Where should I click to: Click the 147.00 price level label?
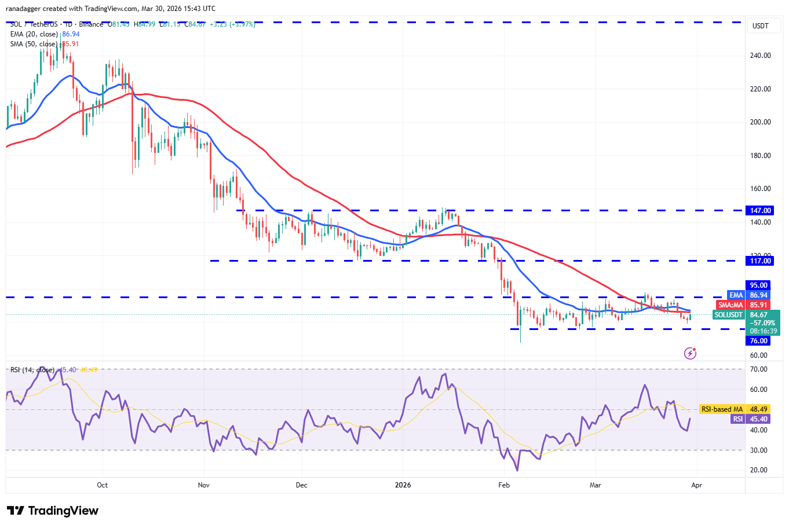[760, 211]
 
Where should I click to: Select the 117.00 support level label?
[760, 261]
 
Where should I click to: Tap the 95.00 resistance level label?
[759, 285]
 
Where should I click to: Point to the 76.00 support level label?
[759, 341]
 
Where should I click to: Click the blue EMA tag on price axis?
[736, 295]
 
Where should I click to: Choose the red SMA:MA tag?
[730, 305]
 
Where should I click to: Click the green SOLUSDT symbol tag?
[728, 315]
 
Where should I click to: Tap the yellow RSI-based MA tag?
[722, 409]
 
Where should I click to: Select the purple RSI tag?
[737, 419]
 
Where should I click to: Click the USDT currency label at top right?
[760, 26]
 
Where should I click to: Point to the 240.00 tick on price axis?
[760, 56]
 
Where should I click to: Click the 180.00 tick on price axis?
[760, 156]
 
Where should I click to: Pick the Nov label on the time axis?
[203, 485]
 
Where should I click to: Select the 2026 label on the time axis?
[403, 485]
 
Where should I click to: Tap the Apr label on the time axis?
[696, 485]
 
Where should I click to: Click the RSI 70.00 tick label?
[758, 369]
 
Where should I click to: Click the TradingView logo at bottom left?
[53, 511]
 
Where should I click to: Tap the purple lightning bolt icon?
[690, 353]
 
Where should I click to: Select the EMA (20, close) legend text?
[34, 34]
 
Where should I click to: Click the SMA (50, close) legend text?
[34, 44]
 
